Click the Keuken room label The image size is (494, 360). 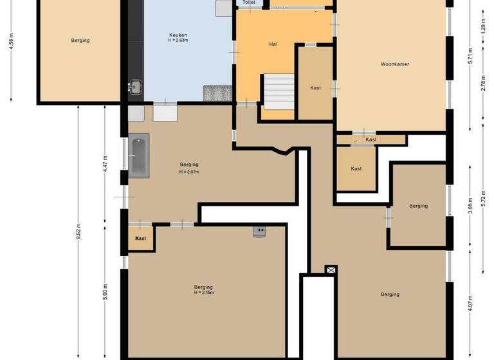(x=178, y=35)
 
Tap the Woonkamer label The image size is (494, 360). (x=394, y=64)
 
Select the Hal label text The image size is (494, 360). (x=273, y=44)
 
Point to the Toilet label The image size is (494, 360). (x=249, y=3)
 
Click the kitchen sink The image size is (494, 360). (x=135, y=87)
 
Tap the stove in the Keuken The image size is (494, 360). (x=218, y=93)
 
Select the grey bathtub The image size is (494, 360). (x=138, y=155)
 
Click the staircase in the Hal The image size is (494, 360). (x=277, y=91)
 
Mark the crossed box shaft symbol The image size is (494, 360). (x=331, y=271)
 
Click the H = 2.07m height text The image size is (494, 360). (x=189, y=172)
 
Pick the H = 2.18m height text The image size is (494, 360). (x=203, y=293)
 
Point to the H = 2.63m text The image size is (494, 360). (x=178, y=42)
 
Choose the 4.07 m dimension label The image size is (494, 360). (x=470, y=302)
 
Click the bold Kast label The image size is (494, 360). (x=141, y=239)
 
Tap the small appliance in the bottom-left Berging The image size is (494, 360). (x=260, y=231)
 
